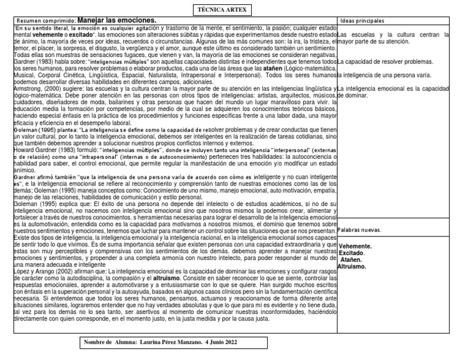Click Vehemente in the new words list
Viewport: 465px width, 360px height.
click(x=355, y=247)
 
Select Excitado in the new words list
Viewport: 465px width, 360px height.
click(x=352, y=253)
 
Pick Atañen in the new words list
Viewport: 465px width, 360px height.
click(x=354, y=259)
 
